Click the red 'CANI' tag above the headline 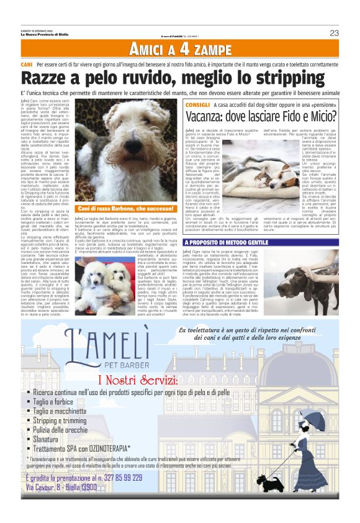(27, 65)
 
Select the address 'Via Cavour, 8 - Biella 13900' (61, 488)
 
